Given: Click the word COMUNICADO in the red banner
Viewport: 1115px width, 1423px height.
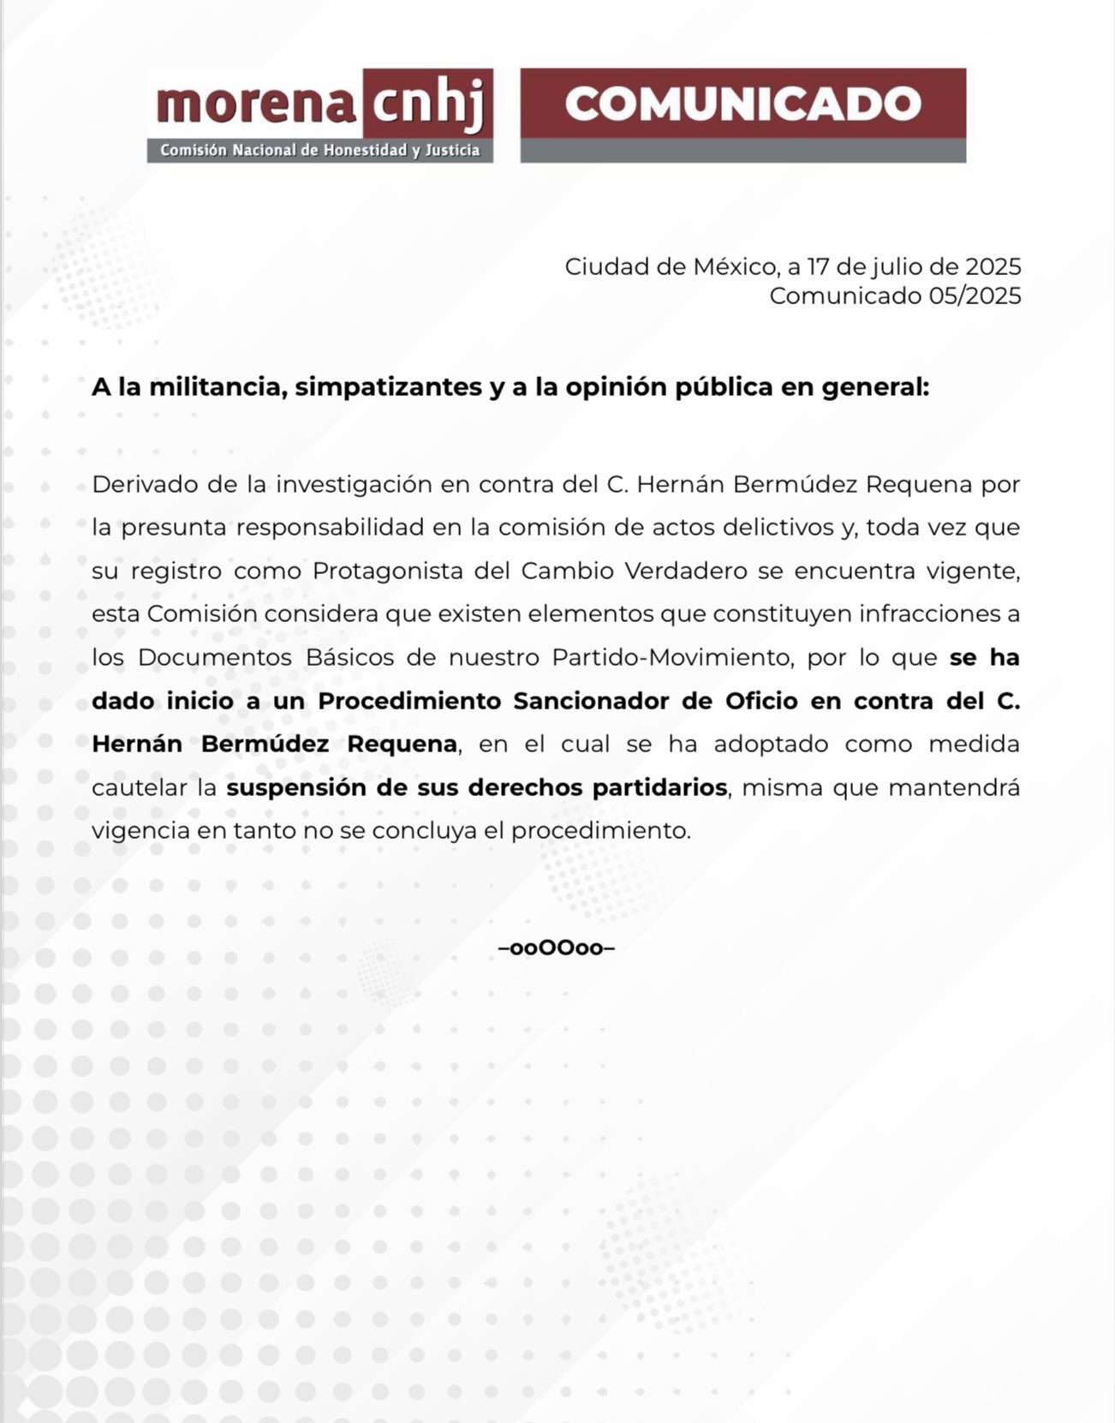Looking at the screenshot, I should click(x=742, y=104).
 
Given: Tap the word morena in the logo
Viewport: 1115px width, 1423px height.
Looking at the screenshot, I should click(x=255, y=105).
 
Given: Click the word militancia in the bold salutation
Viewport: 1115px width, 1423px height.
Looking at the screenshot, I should click(x=218, y=387).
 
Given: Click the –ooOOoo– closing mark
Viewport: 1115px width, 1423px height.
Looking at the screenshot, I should click(x=557, y=948).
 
